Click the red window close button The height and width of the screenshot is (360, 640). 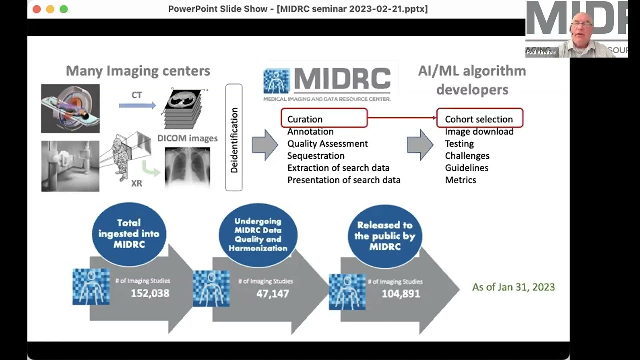pos(37,9)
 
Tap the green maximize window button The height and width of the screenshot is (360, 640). pos(63,9)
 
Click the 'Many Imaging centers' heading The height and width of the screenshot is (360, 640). pos(138,71)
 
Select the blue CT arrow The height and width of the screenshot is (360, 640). pos(137,105)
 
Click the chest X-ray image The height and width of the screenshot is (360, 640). pos(187,166)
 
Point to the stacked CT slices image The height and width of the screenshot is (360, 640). pos(186,109)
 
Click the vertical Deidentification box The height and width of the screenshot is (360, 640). pos(234,137)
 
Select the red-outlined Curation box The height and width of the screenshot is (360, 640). pos(324,119)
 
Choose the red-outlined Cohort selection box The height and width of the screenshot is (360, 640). pos(479,119)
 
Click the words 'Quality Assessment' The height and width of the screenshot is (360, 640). pos(327,144)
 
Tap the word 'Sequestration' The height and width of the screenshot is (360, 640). pos(316,156)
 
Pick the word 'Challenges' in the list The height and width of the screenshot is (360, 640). pos(467,156)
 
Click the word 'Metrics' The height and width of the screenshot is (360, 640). pos(460,180)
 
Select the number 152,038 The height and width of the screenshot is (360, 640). pos(150,293)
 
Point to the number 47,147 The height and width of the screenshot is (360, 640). pos(272,293)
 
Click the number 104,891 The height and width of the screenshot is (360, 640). pos(401,293)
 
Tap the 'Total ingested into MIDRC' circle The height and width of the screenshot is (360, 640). pos(129,234)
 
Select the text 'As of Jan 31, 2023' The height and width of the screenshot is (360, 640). pos(513,287)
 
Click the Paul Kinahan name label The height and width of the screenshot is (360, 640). pos(541,52)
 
